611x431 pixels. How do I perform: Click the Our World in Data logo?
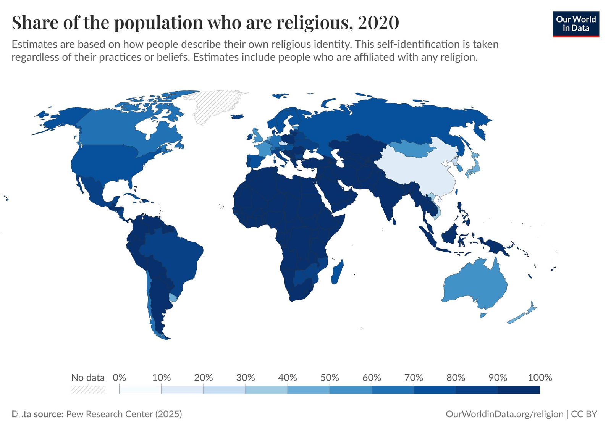click(575, 24)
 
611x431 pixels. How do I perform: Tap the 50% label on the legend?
click(329, 378)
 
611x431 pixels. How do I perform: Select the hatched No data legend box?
click(88, 390)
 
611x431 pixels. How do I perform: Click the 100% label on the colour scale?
click(540, 378)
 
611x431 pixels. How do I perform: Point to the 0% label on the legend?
click(119, 378)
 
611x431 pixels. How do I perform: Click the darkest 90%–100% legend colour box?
click(519, 390)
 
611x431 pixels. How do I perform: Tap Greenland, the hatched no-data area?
click(214, 105)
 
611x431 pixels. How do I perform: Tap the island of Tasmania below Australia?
click(483, 315)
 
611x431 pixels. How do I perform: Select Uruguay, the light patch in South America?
click(174, 297)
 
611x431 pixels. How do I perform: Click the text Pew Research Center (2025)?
click(124, 414)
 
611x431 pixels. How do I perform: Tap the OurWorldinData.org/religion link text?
click(504, 414)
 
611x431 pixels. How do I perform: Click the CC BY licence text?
click(584, 414)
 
